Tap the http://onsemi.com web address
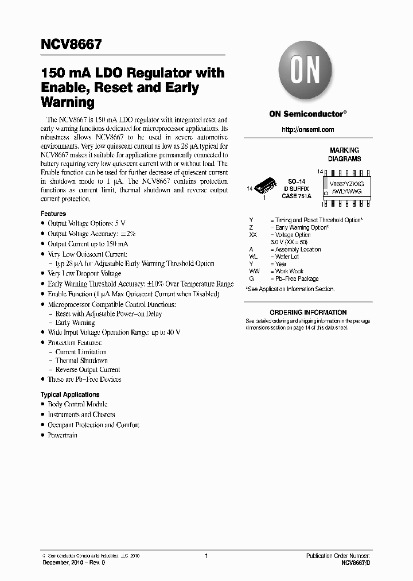tap(308, 130)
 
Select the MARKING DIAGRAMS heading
tap(344, 154)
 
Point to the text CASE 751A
tap(296, 196)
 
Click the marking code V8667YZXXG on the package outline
tap(346, 184)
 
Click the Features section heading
tap(53, 214)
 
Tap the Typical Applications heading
tap(70, 394)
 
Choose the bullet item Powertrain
tap(63, 435)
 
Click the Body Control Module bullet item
tap(77, 404)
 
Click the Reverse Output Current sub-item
tap(88, 370)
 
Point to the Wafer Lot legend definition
tap(287, 257)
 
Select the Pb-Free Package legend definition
tap(297, 278)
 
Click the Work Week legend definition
tap(289, 271)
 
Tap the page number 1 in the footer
tap(206, 556)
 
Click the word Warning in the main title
tap(67, 103)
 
